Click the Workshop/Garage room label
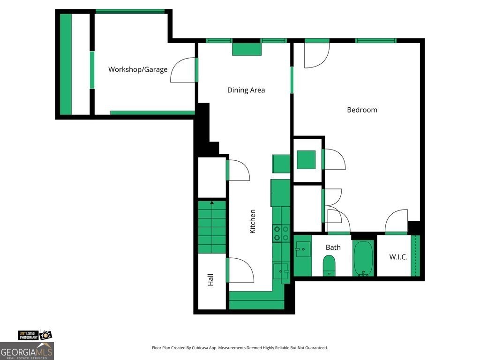(138, 69)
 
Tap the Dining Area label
(246, 90)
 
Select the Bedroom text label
(362, 110)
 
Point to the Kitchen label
(253, 221)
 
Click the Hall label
(210, 280)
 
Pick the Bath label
(333, 247)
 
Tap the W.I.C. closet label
(398, 257)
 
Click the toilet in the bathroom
(329, 265)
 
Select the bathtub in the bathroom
(363, 258)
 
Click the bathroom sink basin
(303, 249)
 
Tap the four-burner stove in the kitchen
(281, 233)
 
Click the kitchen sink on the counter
(281, 271)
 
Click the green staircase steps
(212, 227)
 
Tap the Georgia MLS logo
(27, 351)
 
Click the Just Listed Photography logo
(35, 335)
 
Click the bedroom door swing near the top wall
(317, 55)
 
